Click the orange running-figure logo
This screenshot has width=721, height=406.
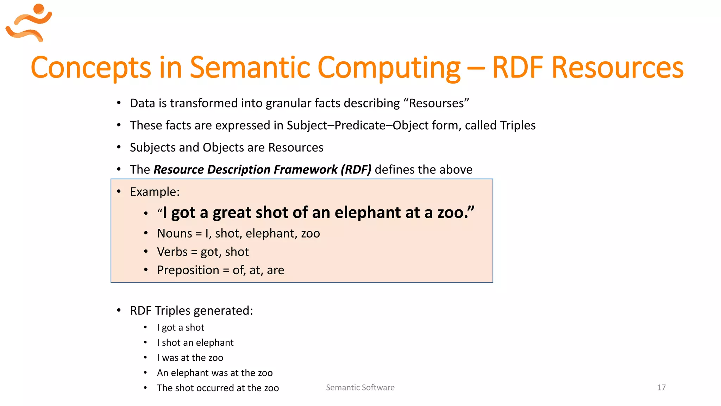pyautogui.click(x=29, y=23)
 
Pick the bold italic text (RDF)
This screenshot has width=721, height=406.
pyautogui.click(x=356, y=170)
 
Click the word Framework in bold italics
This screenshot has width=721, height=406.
pyautogui.click(x=306, y=170)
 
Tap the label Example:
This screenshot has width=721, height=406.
pyautogui.click(x=155, y=192)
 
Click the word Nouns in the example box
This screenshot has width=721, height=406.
pyautogui.click(x=175, y=233)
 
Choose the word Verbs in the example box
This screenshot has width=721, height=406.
pyautogui.click(x=172, y=252)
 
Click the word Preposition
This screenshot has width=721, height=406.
pyautogui.click(x=188, y=270)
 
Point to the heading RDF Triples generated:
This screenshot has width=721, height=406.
pyautogui.click(x=191, y=310)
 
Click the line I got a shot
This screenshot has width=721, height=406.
pyautogui.click(x=180, y=327)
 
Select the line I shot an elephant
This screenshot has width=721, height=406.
pyautogui.click(x=195, y=343)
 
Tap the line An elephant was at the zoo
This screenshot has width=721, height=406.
pyautogui.click(x=214, y=373)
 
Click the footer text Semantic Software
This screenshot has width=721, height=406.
pyautogui.click(x=360, y=387)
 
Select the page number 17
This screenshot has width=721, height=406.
pyautogui.click(x=661, y=387)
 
